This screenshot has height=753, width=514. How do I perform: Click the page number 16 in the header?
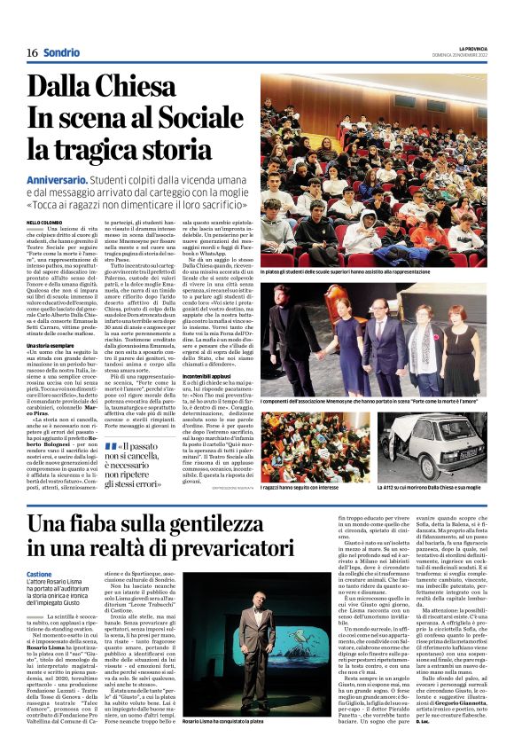click(x=31, y=52)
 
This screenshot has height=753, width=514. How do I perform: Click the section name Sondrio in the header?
click(x=61, y=52)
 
